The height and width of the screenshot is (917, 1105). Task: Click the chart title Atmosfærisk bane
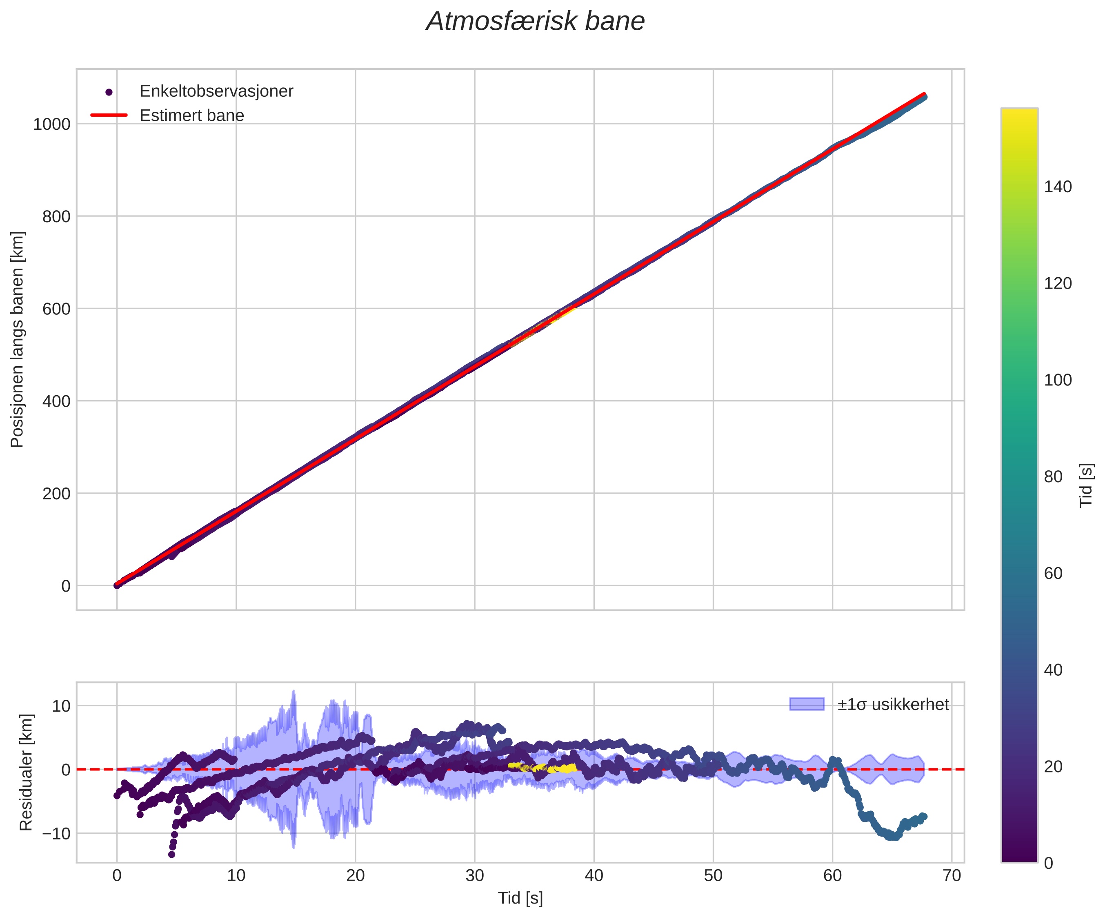pyautogui.click(x=535, y=22)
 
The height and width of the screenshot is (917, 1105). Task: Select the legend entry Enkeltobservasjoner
pyautogui.click(x=216, y=91)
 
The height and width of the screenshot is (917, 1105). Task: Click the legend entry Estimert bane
pyautogui.click(x=191, y=115)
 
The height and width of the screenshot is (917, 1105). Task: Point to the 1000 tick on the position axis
pyautogui.click(x=51, y=124)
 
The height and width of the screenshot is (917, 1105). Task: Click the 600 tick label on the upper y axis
pyautogui.click(x=56, y=309)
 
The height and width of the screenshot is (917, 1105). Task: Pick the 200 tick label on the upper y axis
pyautogui.click(x=56, y=494)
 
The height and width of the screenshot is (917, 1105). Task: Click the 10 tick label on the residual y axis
pyautogui.click(x=61, y=706)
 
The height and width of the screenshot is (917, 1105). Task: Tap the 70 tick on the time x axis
pyautogui.click(x=952, y=876)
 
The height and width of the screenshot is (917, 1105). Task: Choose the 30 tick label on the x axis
pyautogui.click(x=475, y=876)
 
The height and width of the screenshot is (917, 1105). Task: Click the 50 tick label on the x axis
pyautogui.click(x=713, y=876)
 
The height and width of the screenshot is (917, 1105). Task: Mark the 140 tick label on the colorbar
pyautogui.click(x=1058, y=187)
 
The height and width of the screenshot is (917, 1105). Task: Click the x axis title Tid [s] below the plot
pyautogui.click(x=520, y=899)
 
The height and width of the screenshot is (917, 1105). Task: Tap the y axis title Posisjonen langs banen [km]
pyautogui.click(x=18, y=340)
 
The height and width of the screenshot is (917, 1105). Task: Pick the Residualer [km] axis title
pyautogui.click(x=26, y=772)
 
